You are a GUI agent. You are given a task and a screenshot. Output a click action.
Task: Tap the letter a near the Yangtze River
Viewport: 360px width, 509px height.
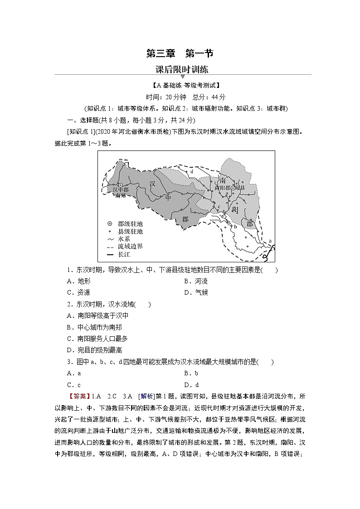click(x=270, y=241)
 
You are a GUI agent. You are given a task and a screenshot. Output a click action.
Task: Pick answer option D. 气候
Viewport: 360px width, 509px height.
click(x=196, y=292)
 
